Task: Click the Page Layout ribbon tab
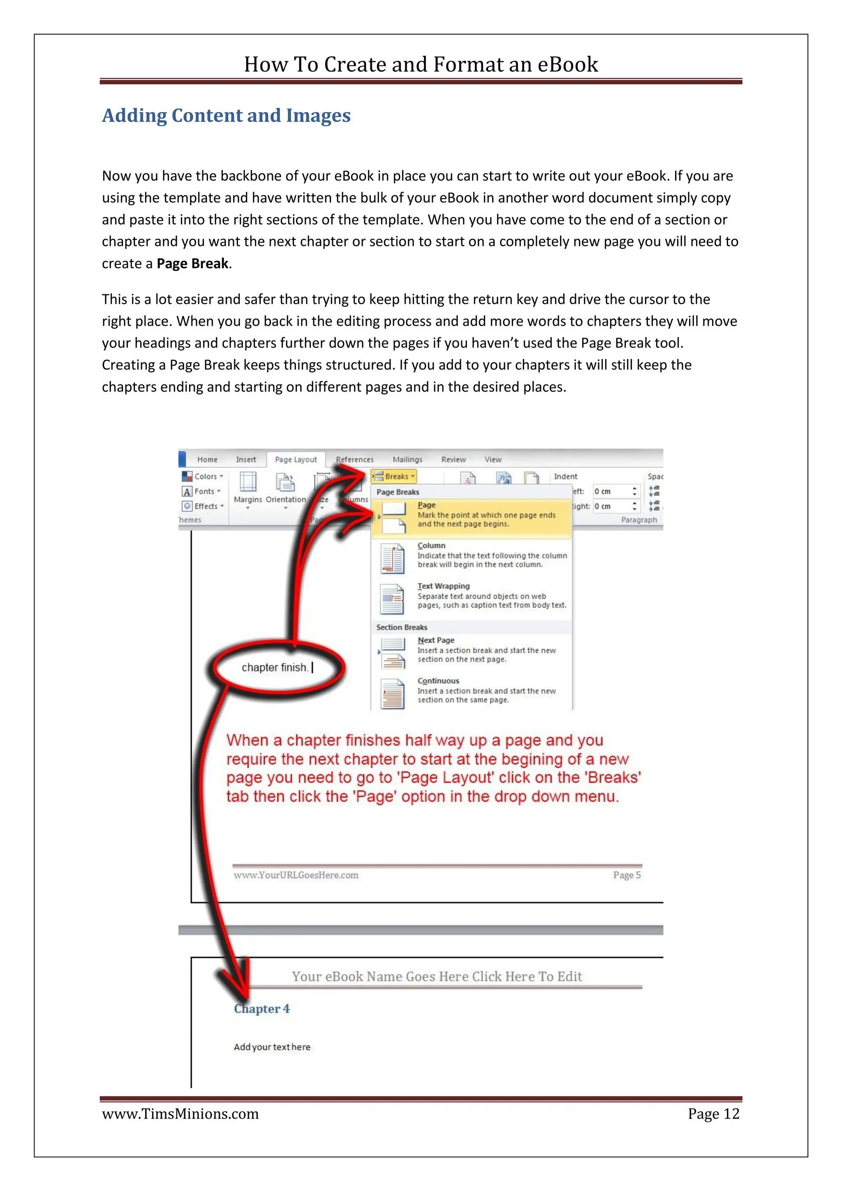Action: coord(296,460)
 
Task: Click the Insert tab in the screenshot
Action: coord(246,460)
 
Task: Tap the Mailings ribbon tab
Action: coord(407,460)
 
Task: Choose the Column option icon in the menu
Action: coord(393,558)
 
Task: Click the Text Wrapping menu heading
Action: coord(444,586)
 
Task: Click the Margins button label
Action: coord(248,500)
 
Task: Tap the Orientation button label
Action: coord(286,500)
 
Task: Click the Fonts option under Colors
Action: coord(204,491)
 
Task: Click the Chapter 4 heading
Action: coord(262,1009)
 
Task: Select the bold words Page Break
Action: coord(192,264)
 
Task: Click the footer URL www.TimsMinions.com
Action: coord(180,1114)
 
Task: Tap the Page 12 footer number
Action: coord(713,1114)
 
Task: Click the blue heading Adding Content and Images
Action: coord(227,115)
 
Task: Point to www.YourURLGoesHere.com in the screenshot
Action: coord(296,875)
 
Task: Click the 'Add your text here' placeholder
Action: coord(272,1047)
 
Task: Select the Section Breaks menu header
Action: coord(402,627)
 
